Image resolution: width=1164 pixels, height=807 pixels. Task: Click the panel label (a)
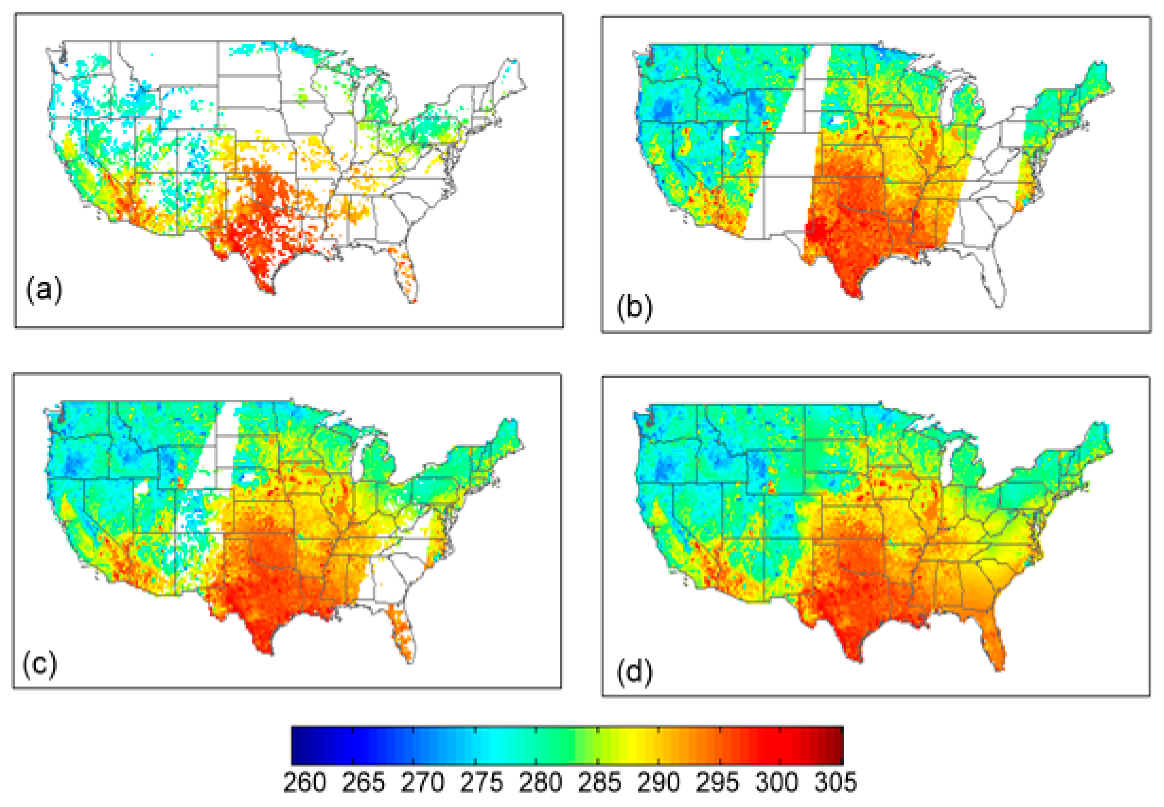coord(44,290)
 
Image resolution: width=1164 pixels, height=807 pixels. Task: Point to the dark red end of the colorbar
coord(837,745)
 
